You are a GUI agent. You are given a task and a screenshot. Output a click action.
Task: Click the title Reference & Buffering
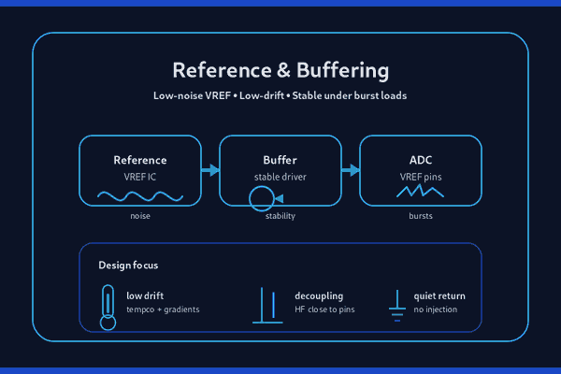coord(280,71)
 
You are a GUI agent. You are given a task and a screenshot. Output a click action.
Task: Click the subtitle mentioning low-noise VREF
coord(280,96)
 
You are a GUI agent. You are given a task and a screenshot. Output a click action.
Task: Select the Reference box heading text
coord(140,159)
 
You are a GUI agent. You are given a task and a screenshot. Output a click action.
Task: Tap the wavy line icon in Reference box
coord(140,196)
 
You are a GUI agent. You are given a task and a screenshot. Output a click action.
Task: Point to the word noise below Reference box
coord(140,217)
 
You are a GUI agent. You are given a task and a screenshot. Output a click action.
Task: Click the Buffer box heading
coord(280,159)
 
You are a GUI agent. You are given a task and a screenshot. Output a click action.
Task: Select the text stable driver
coord(280,177)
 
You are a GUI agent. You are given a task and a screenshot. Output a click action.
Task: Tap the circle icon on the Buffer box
coord(261,197)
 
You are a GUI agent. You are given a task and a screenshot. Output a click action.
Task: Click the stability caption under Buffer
coord(280,217)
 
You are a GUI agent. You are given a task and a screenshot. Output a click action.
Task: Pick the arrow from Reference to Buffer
coord(210,170)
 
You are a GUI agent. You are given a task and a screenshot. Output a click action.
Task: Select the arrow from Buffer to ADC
coord(351,170)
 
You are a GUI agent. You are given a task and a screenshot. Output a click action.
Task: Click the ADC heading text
coord(421,159)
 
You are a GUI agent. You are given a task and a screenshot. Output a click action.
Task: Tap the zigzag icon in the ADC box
coord(420,192)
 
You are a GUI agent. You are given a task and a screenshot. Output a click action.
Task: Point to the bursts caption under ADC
coord(421,217)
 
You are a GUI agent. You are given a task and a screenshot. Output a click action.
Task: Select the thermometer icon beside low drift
coord(108,309)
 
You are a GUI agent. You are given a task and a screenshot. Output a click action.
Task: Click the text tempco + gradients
coord(163,309)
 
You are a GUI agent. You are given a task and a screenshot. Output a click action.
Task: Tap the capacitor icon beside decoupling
coord(266,307)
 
